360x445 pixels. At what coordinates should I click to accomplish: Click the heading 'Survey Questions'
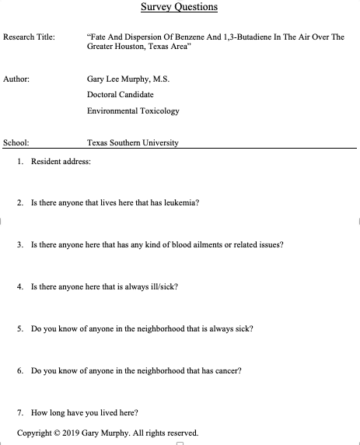179,8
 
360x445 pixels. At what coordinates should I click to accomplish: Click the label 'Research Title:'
29,37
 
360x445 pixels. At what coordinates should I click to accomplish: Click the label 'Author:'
16,79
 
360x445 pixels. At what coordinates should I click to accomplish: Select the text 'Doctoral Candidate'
121,95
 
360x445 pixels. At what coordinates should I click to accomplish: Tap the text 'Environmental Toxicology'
133,110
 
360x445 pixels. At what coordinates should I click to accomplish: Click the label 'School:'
16,143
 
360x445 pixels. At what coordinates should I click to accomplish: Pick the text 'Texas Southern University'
133,143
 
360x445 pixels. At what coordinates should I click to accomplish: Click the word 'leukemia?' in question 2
180,202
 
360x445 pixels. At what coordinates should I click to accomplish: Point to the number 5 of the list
19,328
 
